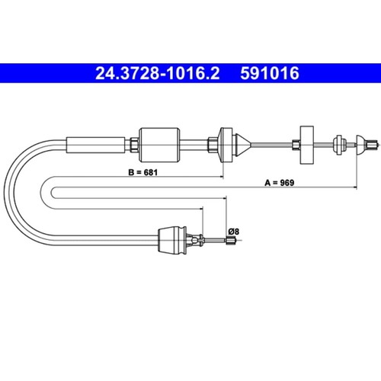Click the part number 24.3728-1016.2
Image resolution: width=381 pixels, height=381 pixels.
pos(157,73)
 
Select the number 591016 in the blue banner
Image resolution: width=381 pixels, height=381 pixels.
pos(270,73)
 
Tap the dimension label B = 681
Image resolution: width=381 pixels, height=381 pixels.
pos(143,172)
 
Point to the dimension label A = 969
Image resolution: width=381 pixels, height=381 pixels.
pos(280,183)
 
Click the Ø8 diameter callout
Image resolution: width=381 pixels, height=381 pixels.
pos(234,232)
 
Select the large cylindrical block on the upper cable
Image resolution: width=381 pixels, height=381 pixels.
pos(160,145)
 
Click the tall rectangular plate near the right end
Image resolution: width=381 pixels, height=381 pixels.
pos(306,145)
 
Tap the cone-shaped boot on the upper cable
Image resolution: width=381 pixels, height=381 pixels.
pos(242,145)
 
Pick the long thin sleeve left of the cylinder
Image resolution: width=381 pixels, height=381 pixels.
pos(96,145)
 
